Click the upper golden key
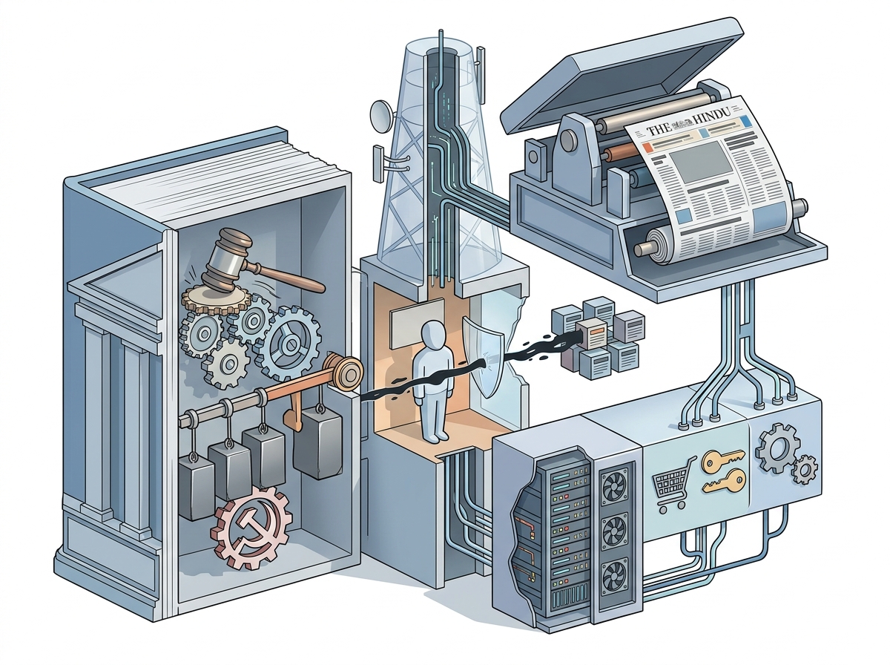coord(722,459)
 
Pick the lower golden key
coord(723,482)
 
